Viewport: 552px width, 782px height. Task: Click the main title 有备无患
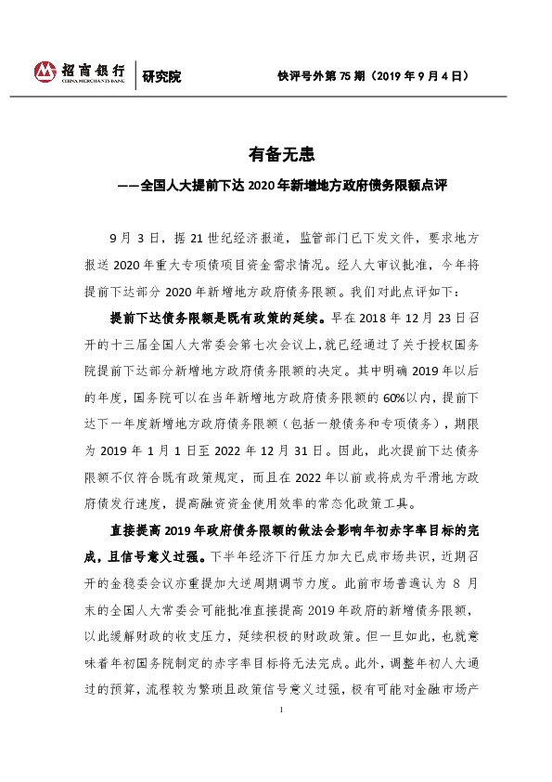coord(276,153)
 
